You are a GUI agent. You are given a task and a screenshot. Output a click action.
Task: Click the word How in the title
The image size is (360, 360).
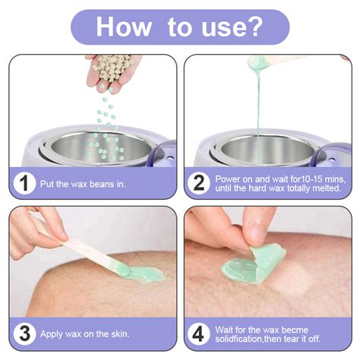click(124, 27)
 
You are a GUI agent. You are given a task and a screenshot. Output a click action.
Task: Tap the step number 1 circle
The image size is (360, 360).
click(24, 183)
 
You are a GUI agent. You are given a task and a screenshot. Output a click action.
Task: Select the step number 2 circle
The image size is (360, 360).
click(199, 183)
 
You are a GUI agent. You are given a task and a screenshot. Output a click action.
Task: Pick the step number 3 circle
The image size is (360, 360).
click(24, 333)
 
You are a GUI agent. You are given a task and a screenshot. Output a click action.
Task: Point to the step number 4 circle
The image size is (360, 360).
click(199, 333)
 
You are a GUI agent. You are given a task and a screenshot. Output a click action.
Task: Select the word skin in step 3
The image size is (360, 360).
click(120, 334)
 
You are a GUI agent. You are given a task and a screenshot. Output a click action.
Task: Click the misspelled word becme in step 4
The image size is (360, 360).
click(295, 330)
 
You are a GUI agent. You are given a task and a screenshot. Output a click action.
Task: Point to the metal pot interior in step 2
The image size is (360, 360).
click(268, 150)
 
